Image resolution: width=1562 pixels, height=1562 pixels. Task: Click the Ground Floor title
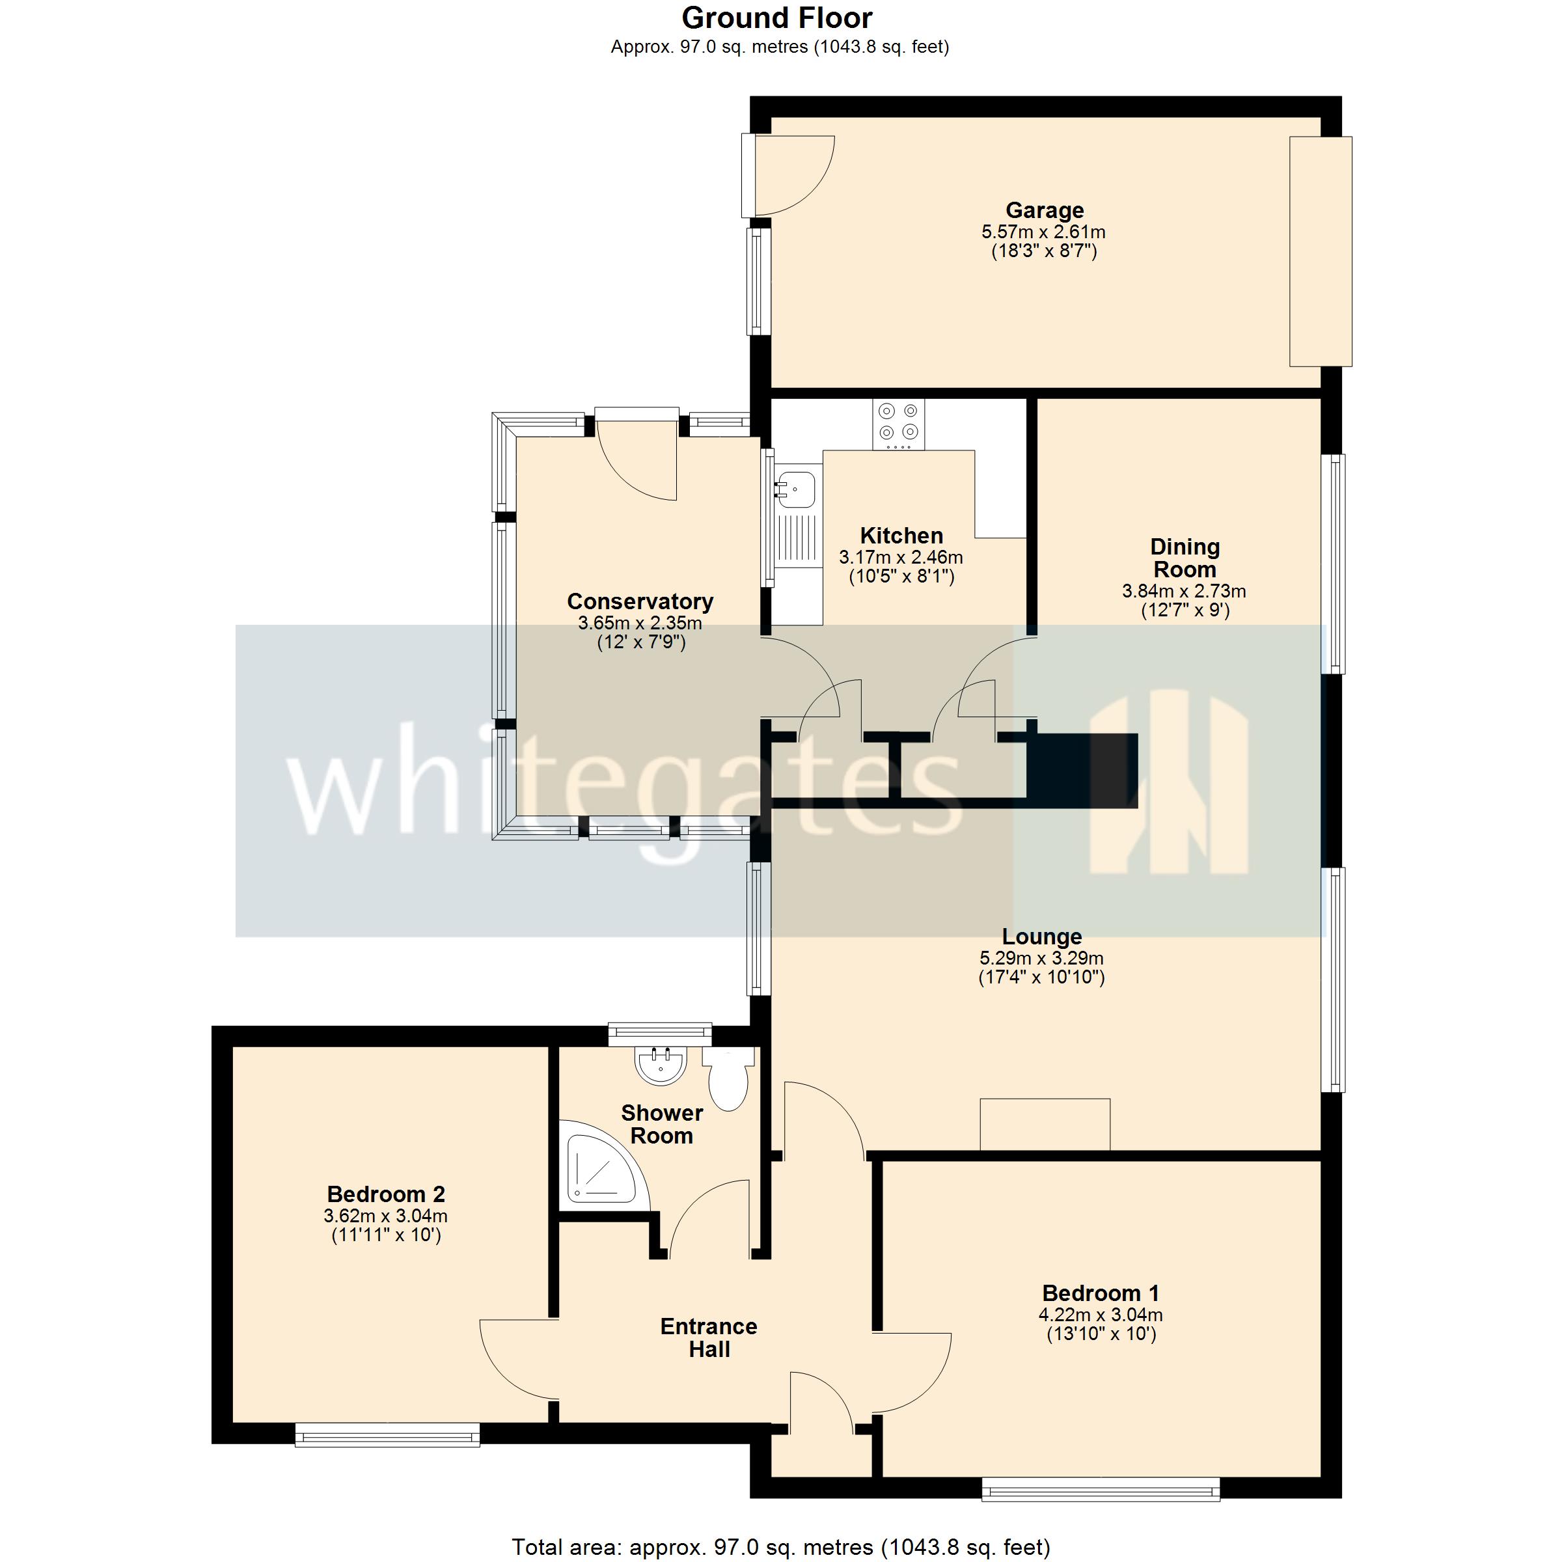(776, 18)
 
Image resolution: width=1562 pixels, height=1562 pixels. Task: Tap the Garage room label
(1044, 210)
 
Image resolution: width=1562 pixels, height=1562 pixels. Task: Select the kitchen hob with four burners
(898, 424)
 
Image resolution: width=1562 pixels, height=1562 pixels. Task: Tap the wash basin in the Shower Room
(661, 1065)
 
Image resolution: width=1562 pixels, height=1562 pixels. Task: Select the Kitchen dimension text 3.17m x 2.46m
(901, 557)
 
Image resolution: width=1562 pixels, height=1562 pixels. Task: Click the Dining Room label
(1185, 558)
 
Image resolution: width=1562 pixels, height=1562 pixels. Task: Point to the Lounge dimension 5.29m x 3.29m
(1041, 958)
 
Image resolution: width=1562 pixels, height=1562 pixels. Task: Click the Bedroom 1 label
(1101, 1293)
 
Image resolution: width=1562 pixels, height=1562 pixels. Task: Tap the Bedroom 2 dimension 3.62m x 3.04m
(386, 1216)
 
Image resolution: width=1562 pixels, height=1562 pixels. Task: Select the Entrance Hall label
(709, 1337)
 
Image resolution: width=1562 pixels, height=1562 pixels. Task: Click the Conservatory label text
(640, 601)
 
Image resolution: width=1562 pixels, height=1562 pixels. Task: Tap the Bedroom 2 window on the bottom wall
(387, 1435)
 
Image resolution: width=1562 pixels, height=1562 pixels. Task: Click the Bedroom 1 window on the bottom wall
(1101, 1489)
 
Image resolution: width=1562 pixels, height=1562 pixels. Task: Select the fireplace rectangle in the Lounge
(1045, 1124)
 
